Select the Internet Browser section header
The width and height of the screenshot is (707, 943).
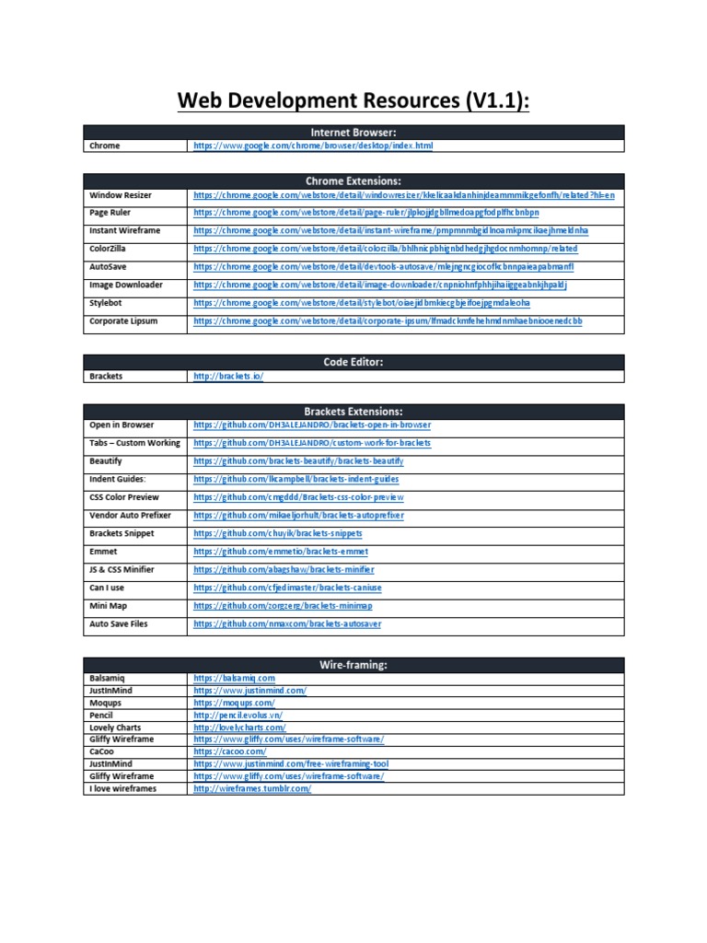pos(353,133)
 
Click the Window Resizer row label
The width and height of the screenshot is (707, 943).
pos(121,195)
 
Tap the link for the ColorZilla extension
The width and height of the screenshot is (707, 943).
pos(385,249)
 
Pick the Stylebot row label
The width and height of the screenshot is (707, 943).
pos(109,303)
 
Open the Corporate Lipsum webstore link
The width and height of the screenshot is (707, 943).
pos(387,321)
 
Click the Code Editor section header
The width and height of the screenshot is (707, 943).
pos(353,363)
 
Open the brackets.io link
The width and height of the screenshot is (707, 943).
pos(227,377)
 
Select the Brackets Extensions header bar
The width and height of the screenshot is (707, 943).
pos(353,412)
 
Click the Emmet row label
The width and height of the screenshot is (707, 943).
pos(104,552)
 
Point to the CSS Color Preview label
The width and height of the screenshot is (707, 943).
pos(123,497)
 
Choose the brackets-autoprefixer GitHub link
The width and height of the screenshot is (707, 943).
pos(298,516)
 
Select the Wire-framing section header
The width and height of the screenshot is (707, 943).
pos(353,665)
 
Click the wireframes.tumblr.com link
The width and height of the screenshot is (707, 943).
pos(252,789)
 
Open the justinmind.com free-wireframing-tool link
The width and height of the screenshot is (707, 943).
pos(290,764)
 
